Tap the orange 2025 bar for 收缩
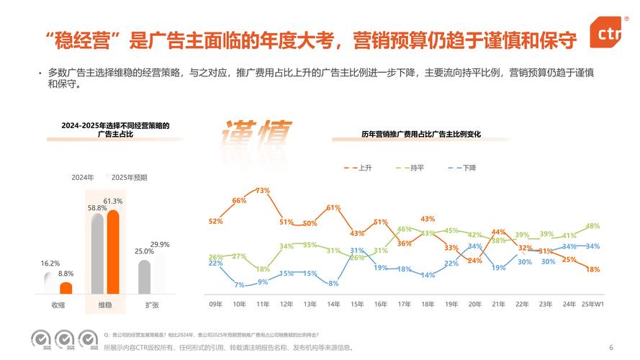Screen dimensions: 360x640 click(x=66, y=288)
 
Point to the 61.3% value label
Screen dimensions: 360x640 click(x=113, y=201)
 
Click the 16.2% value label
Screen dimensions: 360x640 click(x=50, y=264)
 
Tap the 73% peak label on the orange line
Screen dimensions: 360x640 click(x=263, y=191)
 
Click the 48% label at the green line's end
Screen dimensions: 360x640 click(x=592, y=226)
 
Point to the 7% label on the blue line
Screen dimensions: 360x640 click(x=239, y=284)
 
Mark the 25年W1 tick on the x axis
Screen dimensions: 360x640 click(x=592, y=305)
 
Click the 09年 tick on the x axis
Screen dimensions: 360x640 click(x=215, y=305)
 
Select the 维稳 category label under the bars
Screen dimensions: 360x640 click(x=105, y=305)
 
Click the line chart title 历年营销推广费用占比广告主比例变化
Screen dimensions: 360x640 click(x=420, y=135)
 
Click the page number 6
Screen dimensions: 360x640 click(x=610, y=346)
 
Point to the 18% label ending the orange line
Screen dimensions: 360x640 click(x=592, y=269)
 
